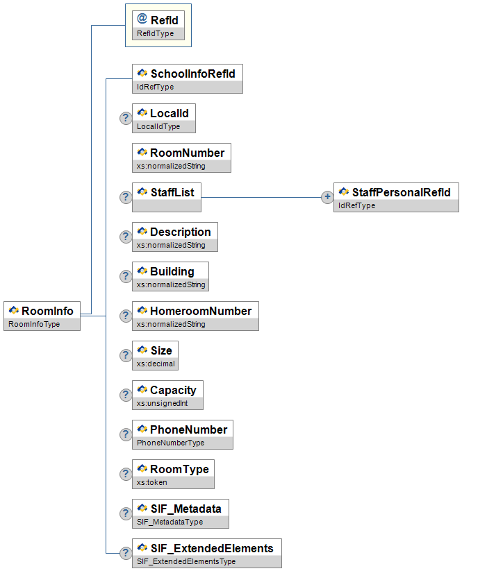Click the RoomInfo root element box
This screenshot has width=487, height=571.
pyautogui.click(x=42, y=316)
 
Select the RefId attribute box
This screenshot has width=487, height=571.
pyautogui.click(x=158, y=25)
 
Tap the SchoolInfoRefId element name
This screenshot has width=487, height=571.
pyautogui.click(x=192, y=74)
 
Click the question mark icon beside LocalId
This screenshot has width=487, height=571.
pyautogui.click(x=126, y=118)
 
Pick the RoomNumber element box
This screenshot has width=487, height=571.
pyautogui.click(x=181, y=157)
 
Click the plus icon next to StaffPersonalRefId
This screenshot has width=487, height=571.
pyautogui.click(x=327, y=197)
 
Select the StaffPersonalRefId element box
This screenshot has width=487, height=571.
pyautogui.click(x=396, y=197)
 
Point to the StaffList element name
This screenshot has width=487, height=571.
pyautogui.click(x=172, y=192)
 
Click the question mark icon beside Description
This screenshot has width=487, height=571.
pyautogui.click(x=126, y=237)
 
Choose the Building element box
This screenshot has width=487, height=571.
pyautogui.click(x=170, y=275)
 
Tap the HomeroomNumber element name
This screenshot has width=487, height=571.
pyautogui.click(x=201, y=311)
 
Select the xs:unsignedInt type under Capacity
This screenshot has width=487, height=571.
pyautogui.click(x=162, y=403)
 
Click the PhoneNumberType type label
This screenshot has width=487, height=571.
pyautogui.click(x=170, y=443)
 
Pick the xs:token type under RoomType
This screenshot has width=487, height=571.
pyautogui.click(x=152, y=482)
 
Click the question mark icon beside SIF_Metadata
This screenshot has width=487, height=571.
pyautogui.click(x=126, y=513)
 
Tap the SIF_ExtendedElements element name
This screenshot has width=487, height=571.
pyautogui.click(x=212, y=548)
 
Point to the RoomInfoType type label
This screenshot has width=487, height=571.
pyautogui.click(x=34, y=324)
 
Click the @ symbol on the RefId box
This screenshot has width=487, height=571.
pyautogui.click(x=142, y=19)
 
